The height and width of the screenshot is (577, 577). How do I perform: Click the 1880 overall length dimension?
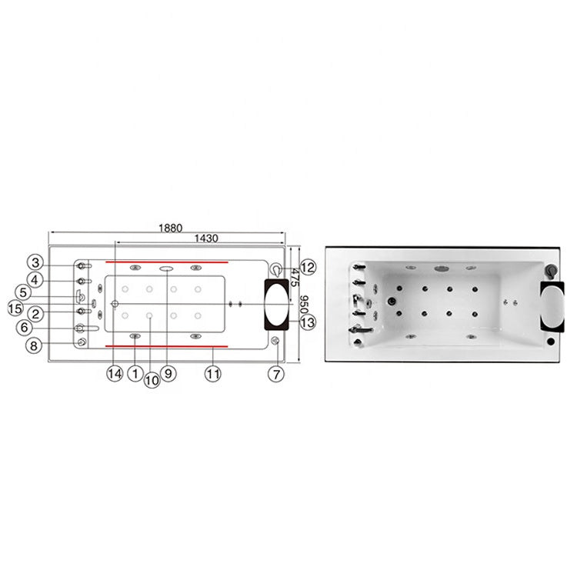tap(170, 228)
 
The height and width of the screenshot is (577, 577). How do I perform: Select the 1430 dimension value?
tap(206, 238)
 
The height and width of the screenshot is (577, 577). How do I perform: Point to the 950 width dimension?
tap(305, 305)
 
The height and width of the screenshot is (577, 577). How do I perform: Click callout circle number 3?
tap(35, 263)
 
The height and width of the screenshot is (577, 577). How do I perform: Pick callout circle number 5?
tap(23, 293)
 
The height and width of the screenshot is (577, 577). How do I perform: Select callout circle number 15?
tap(15, 309)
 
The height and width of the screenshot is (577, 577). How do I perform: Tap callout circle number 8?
tap(34, 346)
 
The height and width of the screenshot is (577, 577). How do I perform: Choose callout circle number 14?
tap(115, 374)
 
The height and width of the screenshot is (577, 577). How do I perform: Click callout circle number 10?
tap(152, 380)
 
